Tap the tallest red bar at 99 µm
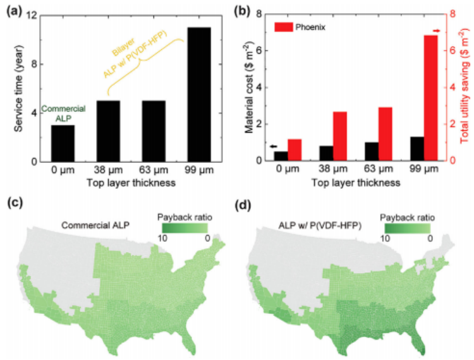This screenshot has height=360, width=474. (x=431, y=97)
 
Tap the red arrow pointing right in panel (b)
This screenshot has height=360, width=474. (x=436, y=30)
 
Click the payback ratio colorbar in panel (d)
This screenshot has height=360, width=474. (x=404, y=228)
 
